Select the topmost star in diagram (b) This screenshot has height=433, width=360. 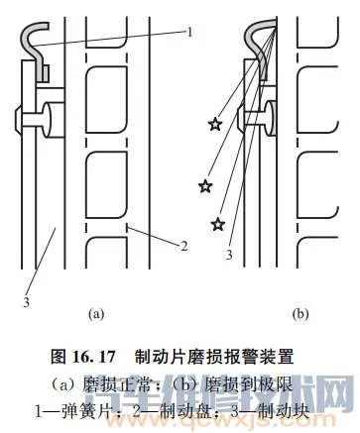(x=214, y=124)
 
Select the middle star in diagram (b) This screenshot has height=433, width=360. (x=205, y=185)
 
